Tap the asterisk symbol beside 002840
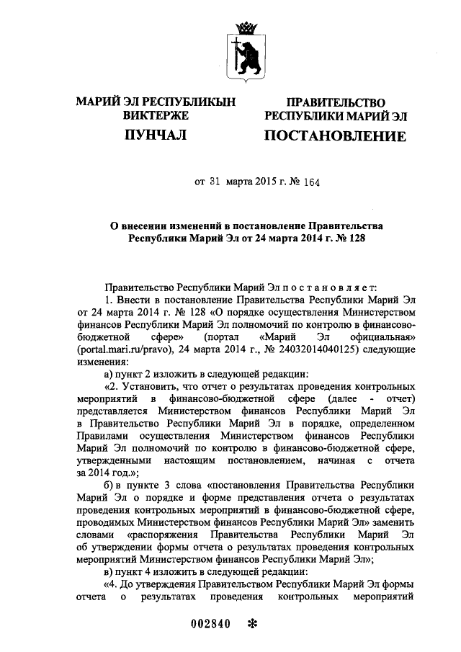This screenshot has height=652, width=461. coord(252,624)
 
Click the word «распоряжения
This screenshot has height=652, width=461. coord(163,535)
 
